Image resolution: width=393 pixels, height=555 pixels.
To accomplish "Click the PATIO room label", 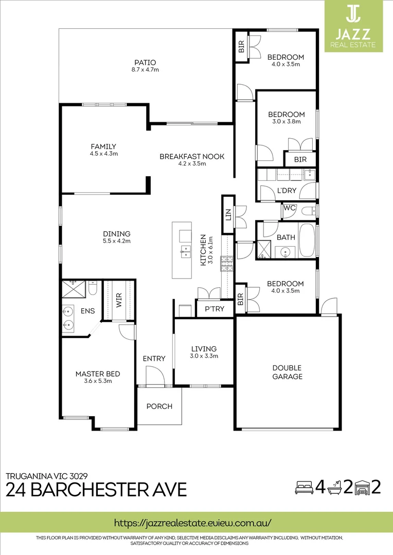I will coord(145,62).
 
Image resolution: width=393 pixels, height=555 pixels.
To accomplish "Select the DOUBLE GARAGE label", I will coord(287,372).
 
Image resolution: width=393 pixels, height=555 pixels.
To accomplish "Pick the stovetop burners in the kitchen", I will coord(227,263).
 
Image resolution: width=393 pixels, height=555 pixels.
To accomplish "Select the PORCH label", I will coord(159,406).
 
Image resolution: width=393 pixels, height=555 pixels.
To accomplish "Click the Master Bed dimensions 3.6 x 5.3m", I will coord(98,381).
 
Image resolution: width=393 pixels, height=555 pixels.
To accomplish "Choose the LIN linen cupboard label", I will coord(228,213).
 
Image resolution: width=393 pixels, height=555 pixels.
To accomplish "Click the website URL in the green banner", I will coord(192,523).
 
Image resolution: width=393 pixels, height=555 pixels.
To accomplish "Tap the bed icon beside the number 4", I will coord(303,487).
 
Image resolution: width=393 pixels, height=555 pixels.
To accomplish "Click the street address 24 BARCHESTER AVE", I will coord(96,489).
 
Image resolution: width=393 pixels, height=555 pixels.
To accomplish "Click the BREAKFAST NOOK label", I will coord(192,157).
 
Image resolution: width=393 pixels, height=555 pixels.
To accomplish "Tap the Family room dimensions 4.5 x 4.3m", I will coord(103,154).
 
